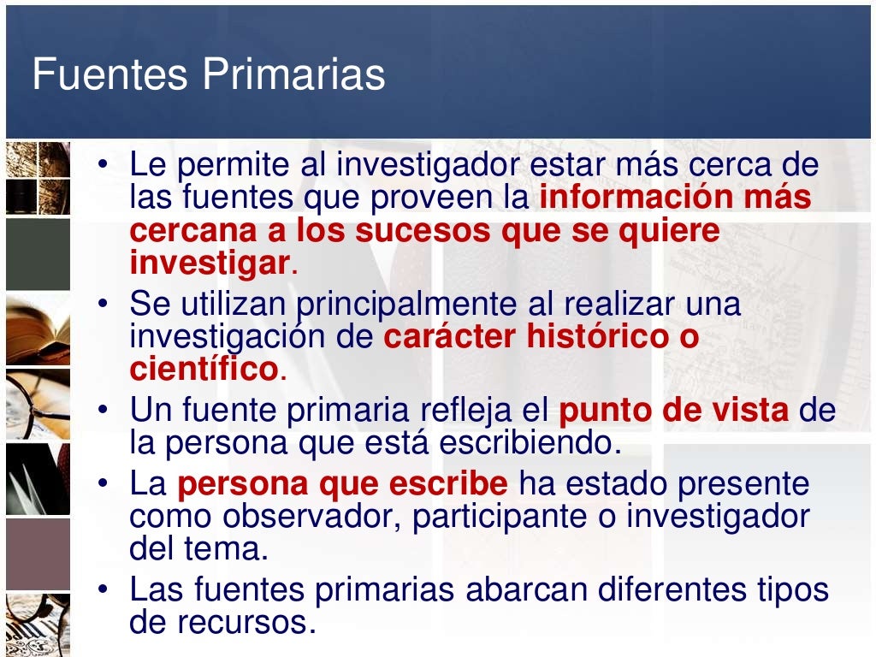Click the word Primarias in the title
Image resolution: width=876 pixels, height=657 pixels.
click(x=294, y=75)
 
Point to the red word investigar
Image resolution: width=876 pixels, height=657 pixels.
click(x=210, y=263)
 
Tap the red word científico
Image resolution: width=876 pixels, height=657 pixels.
click(x=204, y=370)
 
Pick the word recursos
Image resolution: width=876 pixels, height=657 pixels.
click(x=241, y=622)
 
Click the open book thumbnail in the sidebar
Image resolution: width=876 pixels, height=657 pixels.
click(x=38, y=328)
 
